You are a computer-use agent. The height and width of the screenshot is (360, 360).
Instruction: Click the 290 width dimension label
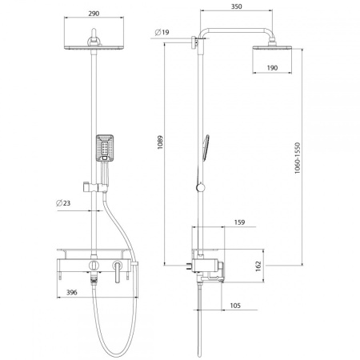pyautogui.click(x=94, y=14)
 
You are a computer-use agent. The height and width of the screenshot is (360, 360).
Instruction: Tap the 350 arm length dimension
pyautogui.click(x=236, y=6)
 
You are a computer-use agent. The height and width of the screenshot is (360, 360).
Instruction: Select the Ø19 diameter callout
pyautogui.click(x=162, y=32)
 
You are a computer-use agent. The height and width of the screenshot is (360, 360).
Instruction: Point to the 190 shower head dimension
pyautogui.click(x=272, y=68)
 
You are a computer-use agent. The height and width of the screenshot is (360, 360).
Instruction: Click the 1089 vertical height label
pyautogui.click(x=160, y=142)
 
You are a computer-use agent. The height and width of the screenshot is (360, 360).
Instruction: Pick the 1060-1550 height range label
pyautogui.click(x=298, y=158)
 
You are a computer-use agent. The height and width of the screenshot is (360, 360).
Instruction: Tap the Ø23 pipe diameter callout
pyautogui.click(x=63, y=203)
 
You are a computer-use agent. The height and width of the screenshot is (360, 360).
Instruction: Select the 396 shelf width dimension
pyautogui.click(x=72, y=293)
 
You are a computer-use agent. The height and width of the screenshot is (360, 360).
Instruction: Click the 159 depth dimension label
pyautogui.click(x=239, y=222)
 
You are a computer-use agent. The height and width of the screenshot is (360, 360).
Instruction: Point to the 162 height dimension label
pyautogui.click(x=258, y=266)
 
